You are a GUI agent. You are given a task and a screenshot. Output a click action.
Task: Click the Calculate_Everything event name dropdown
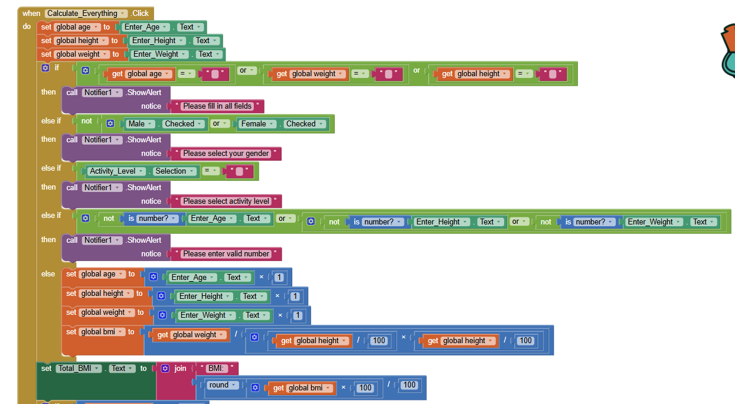(x=86, y=13)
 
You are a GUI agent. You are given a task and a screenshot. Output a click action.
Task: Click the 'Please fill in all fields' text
(x=217, y=106)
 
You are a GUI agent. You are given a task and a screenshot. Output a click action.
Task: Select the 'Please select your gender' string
(x=226, y=154)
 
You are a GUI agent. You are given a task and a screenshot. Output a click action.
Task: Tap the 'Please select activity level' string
(x=226, y=201)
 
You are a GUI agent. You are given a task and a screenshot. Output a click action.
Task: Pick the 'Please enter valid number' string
(x=226, y=254)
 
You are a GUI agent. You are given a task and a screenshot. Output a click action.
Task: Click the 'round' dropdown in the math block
(x=222, y=385)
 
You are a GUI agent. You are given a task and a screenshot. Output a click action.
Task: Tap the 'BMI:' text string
(x=217, y=369)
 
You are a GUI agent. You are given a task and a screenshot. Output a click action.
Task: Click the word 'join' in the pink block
(x=180, y=369)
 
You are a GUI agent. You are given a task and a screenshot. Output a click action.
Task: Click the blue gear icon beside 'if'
(x=45, y=68)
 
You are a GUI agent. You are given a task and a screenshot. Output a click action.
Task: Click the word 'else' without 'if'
(x=48, y=274)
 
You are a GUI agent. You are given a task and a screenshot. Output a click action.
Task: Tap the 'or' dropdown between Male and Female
(x=220, y=124)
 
